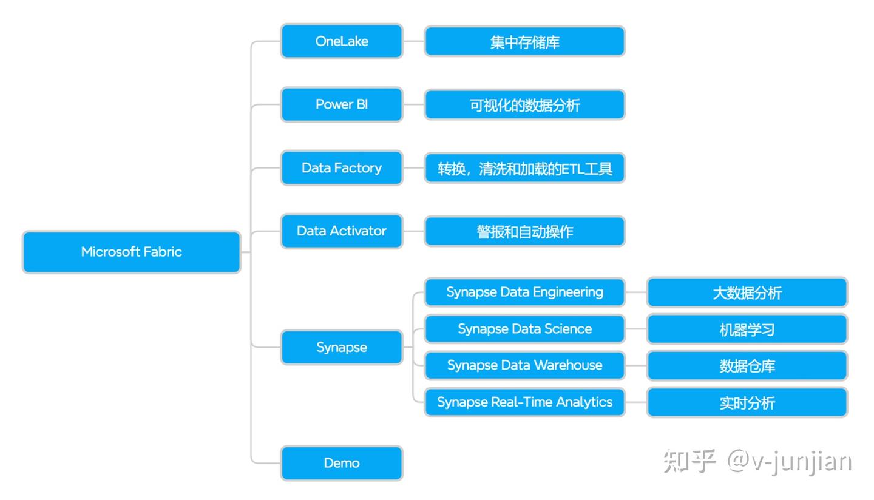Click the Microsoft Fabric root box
point(131,252)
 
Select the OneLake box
point(342,41)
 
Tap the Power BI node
point(342,104)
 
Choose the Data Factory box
point(342,168)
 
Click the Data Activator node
point(342,231)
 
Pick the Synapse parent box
point(342,347)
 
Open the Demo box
point(342,463)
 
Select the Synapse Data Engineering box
point(524,292)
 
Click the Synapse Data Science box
point(524,329)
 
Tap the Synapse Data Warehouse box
point(524,365)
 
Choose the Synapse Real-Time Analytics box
point(524,402)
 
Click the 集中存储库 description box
point(524,42)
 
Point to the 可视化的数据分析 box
point(524,105)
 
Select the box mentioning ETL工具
point(524,168)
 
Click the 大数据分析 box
point(747,292)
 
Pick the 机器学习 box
point(747,329)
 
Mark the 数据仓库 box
point(747,366)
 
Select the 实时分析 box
point(747,402)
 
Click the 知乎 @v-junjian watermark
point(757,462)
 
